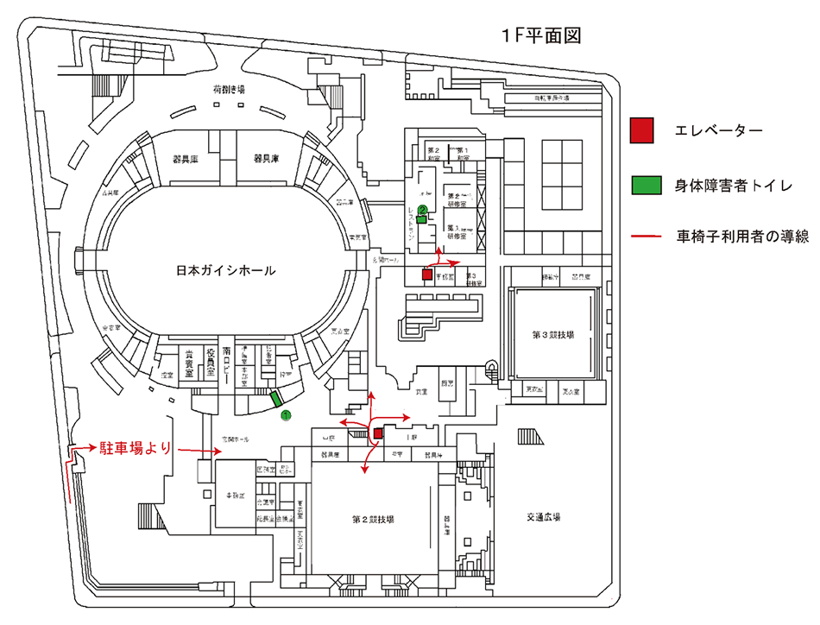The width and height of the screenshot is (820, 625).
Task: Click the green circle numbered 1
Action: coord(286,416)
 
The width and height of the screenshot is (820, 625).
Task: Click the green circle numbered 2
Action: coord(422,209)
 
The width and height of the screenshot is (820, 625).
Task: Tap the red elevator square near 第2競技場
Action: coord(378,432)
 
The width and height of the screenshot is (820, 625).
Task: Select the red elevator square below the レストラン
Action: coord(426,274)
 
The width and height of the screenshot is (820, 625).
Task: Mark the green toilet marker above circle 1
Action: coord(276,398)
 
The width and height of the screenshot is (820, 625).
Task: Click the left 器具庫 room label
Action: coord(186,159)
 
